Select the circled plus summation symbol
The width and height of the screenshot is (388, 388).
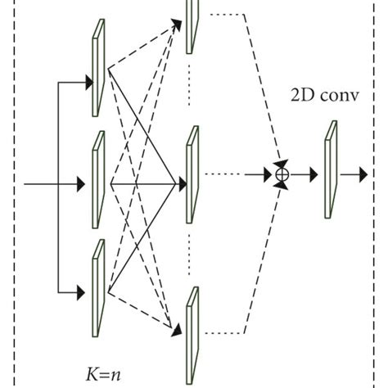282,174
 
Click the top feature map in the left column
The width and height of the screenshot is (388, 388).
98,69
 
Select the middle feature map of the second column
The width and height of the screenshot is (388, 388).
192,173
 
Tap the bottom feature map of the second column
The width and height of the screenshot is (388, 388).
192,332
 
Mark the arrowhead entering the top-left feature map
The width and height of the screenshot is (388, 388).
88,81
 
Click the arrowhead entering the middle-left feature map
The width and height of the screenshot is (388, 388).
88,185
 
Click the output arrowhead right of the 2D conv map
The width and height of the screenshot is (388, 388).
360,174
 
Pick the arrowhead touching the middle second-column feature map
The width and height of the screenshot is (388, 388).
178,184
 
